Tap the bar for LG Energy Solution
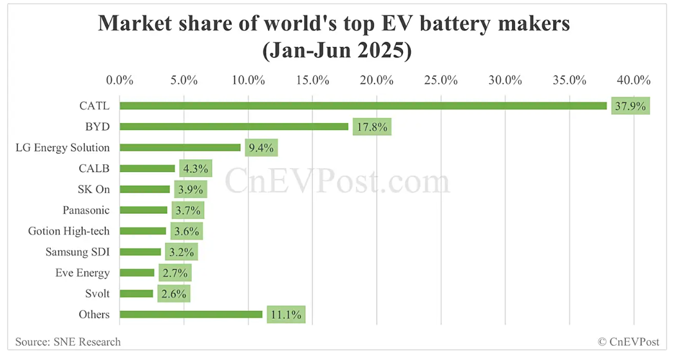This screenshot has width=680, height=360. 180,147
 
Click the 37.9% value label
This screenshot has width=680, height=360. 630,106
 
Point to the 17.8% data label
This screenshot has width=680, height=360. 372,127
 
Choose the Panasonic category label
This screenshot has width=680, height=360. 86,210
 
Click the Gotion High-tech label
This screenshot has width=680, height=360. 69,231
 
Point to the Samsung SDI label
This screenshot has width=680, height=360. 78,252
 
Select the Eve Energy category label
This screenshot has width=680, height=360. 82,273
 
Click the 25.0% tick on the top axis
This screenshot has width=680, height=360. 441,81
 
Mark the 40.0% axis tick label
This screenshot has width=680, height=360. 634,81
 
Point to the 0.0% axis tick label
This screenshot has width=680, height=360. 120,81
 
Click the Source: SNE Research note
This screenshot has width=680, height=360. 68,341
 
